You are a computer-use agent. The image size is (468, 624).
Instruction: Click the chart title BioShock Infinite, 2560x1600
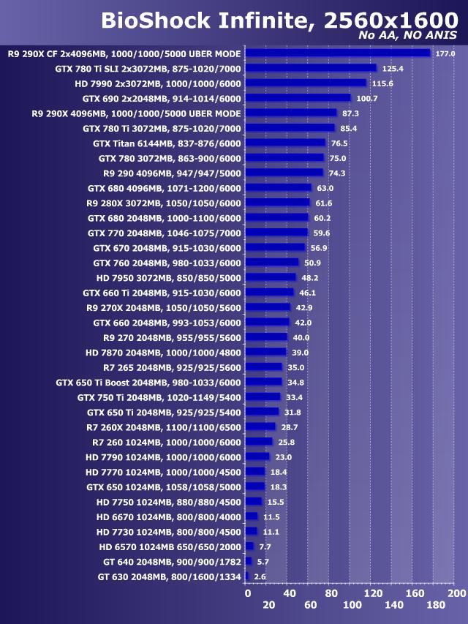tap(279, 20)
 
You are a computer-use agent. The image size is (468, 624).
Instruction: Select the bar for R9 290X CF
tap(338, 53)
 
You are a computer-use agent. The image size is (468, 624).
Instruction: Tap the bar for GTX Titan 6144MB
tap(285, 143)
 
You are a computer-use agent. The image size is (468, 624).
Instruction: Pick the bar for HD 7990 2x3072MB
tap(306, 83)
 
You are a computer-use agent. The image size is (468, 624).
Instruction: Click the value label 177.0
tap(445, 53)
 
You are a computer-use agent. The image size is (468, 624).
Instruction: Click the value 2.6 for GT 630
tap(260, 576)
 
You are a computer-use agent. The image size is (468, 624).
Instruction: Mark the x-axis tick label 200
tap(456, 593)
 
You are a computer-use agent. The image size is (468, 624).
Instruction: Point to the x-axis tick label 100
tap(352, 606)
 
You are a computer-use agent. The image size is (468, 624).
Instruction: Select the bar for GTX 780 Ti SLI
tap(311, 68)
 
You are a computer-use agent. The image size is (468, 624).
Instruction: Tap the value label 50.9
tap(314, 263)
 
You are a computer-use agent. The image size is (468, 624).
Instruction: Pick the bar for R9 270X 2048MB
tap(268, 307)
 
